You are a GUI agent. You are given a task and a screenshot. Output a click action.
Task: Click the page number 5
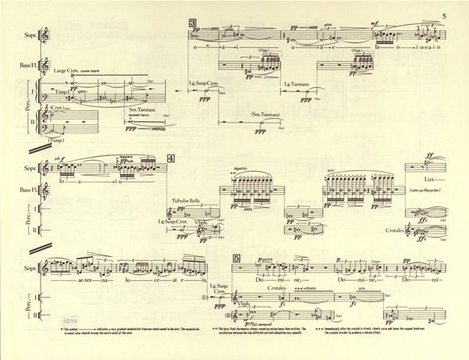click(x=442, y=16)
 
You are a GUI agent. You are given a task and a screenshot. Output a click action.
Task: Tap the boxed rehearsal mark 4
click(x=181, y=158)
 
